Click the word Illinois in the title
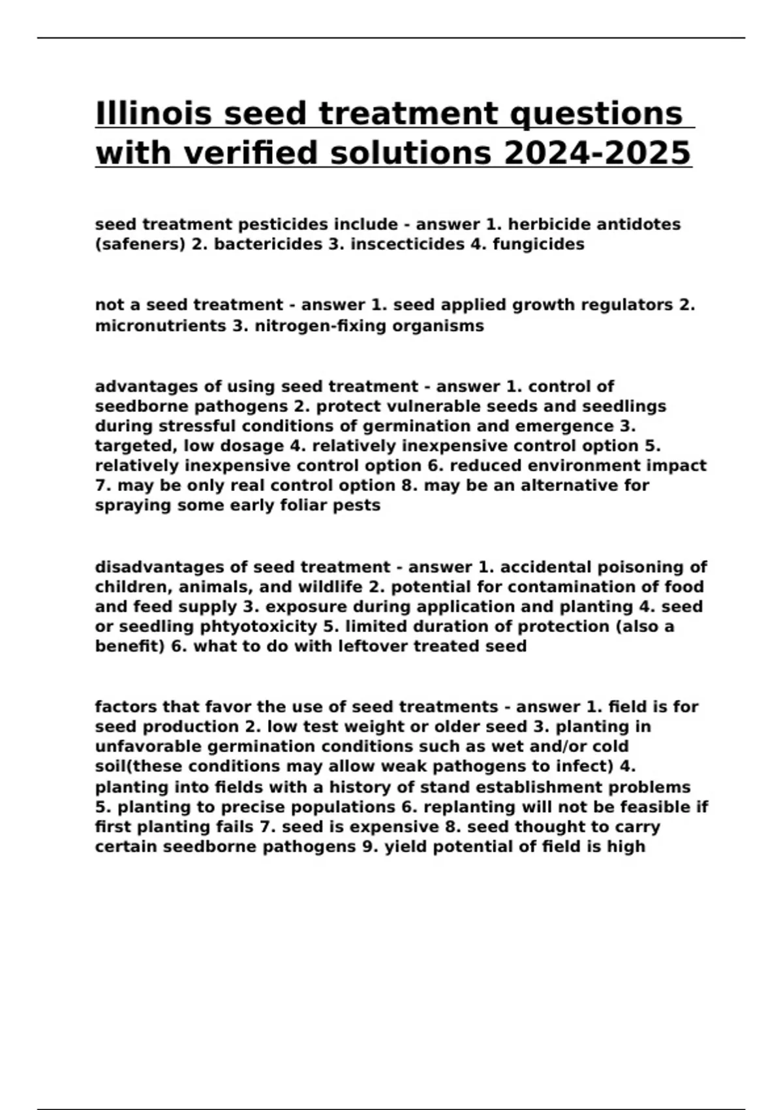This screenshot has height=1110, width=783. pos(153,114)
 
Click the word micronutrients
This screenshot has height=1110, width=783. pos(160,326)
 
